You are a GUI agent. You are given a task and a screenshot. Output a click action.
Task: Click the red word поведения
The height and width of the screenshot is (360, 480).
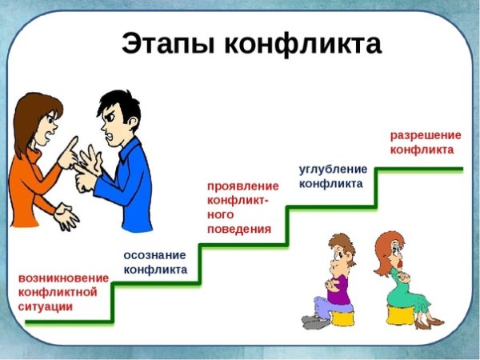(x=238, y=229)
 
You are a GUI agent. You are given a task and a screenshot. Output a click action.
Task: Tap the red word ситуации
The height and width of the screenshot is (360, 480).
(x=44, y=306)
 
